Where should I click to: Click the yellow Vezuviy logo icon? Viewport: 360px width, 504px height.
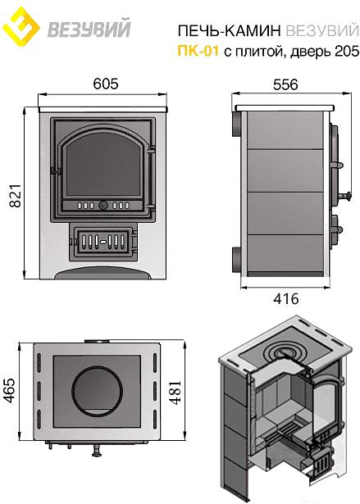(x=21, y=27)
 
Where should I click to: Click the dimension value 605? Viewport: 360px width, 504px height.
(x=106, y=84)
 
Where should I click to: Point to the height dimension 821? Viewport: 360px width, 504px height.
(x=15, y=196)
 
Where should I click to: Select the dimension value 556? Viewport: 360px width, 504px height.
(x=285, y=85)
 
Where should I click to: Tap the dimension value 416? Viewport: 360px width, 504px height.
(x=286, y=299)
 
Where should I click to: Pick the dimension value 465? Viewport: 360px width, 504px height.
(x=9, y=390)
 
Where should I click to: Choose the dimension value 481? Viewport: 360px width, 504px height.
(x=175, y=393)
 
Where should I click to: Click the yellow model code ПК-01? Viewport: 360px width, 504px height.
(x=198, y=51)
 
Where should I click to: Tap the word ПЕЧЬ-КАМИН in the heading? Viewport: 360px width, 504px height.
(x=230, y=31)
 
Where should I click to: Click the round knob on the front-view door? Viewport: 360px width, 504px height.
(x=103, y=205)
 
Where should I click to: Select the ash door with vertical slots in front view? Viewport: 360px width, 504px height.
(x=103, y=241)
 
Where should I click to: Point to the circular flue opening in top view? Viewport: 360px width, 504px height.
(x=97, y=389)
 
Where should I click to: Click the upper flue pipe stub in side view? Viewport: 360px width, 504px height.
(x=236, y=124)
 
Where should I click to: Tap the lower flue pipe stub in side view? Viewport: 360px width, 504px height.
(x=236, y=260)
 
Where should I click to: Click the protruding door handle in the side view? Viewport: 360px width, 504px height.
(x=344, y=195)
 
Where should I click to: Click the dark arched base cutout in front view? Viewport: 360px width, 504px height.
(x=103, y=273)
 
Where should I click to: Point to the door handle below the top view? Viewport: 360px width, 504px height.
(x=96, y=450)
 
